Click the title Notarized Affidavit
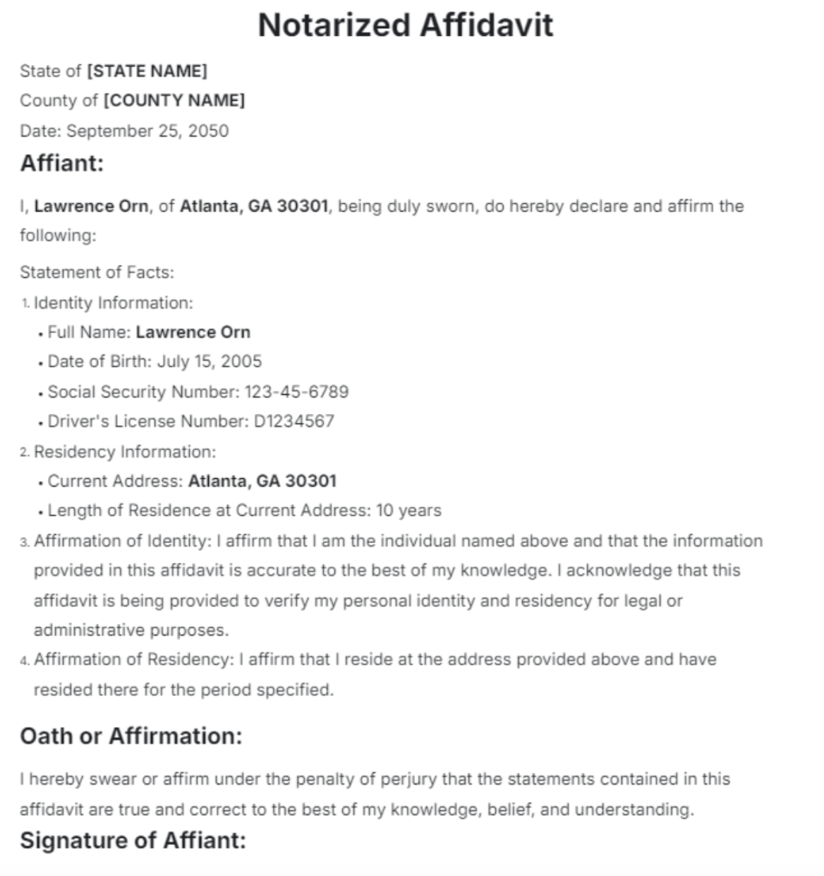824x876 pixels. (406, 25)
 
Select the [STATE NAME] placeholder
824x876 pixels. (147, 71)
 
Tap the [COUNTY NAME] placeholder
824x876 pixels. (174, 101)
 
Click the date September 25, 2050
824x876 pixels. (147, 131)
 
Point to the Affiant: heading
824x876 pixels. (62, 164)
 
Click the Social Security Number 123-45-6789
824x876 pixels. (296, 392)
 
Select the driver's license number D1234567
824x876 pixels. (293, 422)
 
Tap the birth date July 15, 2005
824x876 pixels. (209, 362)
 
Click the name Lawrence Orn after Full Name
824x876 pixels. (193, 332)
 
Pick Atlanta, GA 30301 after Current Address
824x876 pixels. (262, 482)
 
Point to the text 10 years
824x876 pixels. (408, 511)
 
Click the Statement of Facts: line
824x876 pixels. (97, 273)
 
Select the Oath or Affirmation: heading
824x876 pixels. (131, 736)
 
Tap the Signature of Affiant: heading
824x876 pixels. (133, 841)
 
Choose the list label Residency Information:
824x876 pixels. (125, 452)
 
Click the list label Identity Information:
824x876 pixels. (113, 303)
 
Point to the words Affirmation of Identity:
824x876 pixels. (123, 541)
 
